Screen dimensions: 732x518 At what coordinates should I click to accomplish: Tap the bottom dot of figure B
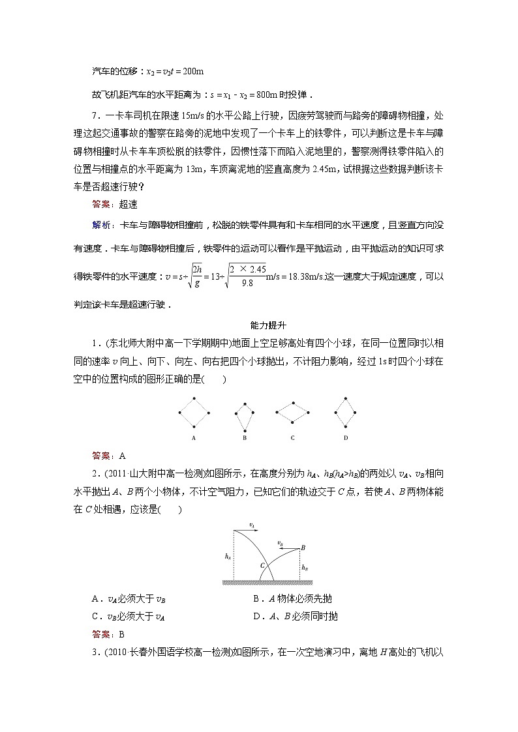pyautogui.click(x=244, y=430)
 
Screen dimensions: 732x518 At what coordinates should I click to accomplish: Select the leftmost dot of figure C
pyautogui.click(x=276, y=413)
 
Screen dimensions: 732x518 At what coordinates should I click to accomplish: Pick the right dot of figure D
pyautogui.click(x=356, y=413)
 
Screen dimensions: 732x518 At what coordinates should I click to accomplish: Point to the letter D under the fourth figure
pyautogui.click(x=345, y=438)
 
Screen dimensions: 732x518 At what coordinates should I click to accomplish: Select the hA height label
pyautogui.click(x=227, y=556)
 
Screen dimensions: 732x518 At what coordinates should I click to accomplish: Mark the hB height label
pyautogui.click(x=305, y=566)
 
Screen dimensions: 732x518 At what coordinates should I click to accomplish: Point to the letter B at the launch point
pyautogui.click(x=303, y=548)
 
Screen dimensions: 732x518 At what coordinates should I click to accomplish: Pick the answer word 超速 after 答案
pyautogui.click(x=129, y=203)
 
